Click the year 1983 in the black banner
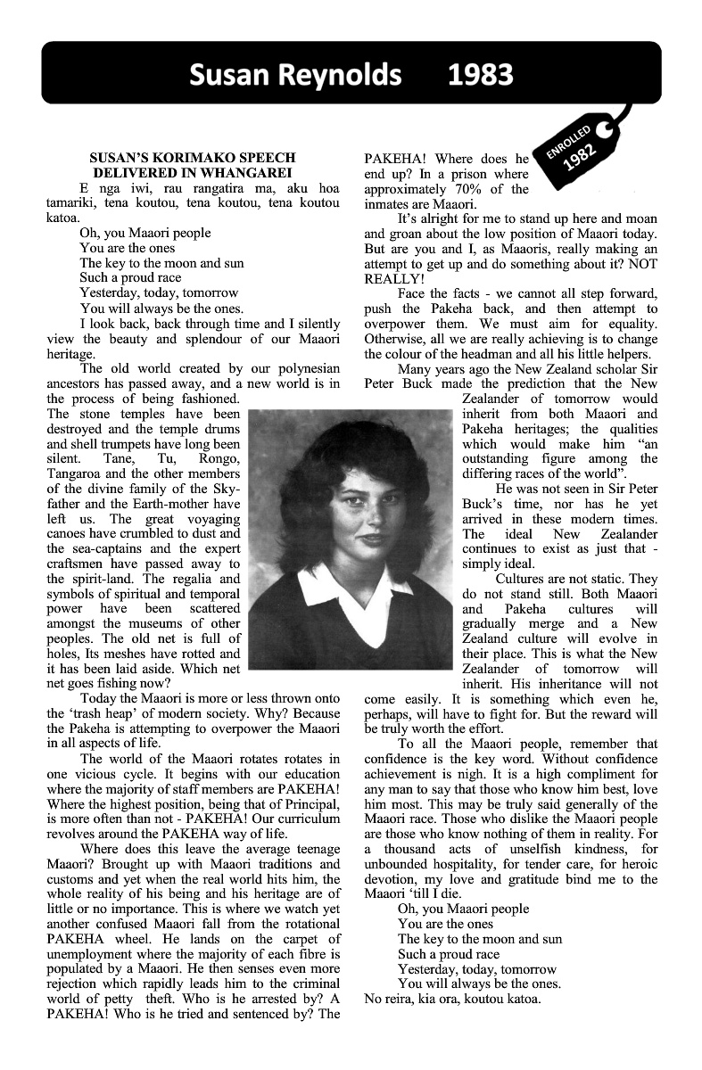(x=482, y=75)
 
